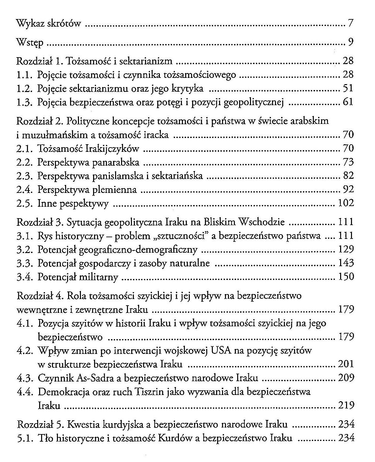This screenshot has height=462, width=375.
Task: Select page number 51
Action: click(348, 88)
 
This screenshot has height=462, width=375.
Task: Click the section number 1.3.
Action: click(24, 102)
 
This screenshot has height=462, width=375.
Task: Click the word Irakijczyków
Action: click(112, 149)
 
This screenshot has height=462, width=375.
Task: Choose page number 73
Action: click(348, 162)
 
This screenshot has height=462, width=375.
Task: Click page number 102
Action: click(346, 203)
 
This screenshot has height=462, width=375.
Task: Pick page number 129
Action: click(346, 249)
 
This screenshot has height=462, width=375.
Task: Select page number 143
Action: click(346, 263)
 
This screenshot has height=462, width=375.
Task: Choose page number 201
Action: click(346, 364)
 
